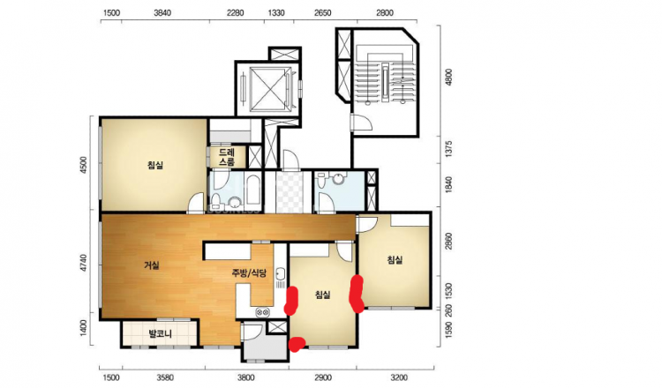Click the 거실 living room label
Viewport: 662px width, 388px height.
(152, 265)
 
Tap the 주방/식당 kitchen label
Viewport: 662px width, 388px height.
(249, 273)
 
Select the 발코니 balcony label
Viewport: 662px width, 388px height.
(160, 335)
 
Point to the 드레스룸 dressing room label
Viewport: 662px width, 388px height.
(227, 156)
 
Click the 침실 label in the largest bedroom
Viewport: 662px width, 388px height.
(155, 165)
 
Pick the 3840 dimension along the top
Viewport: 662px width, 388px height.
(162, 13)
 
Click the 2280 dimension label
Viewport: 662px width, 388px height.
(235, 13)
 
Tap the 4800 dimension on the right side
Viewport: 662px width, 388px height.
(448, 78)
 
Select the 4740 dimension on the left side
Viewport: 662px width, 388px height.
(83, 264)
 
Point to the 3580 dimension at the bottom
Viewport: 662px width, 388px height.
(164, 377)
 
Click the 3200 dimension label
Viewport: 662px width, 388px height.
(398, 377)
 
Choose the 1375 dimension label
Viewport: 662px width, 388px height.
(448, 149)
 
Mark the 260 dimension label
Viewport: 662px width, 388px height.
(448, 310)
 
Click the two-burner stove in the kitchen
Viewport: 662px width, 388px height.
(262, 312)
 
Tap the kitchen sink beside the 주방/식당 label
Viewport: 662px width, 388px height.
(281, 278)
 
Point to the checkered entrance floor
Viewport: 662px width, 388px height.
(290, 192)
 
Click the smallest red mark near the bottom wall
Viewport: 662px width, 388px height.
(297, 344)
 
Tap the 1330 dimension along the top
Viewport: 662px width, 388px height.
(275, 13)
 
